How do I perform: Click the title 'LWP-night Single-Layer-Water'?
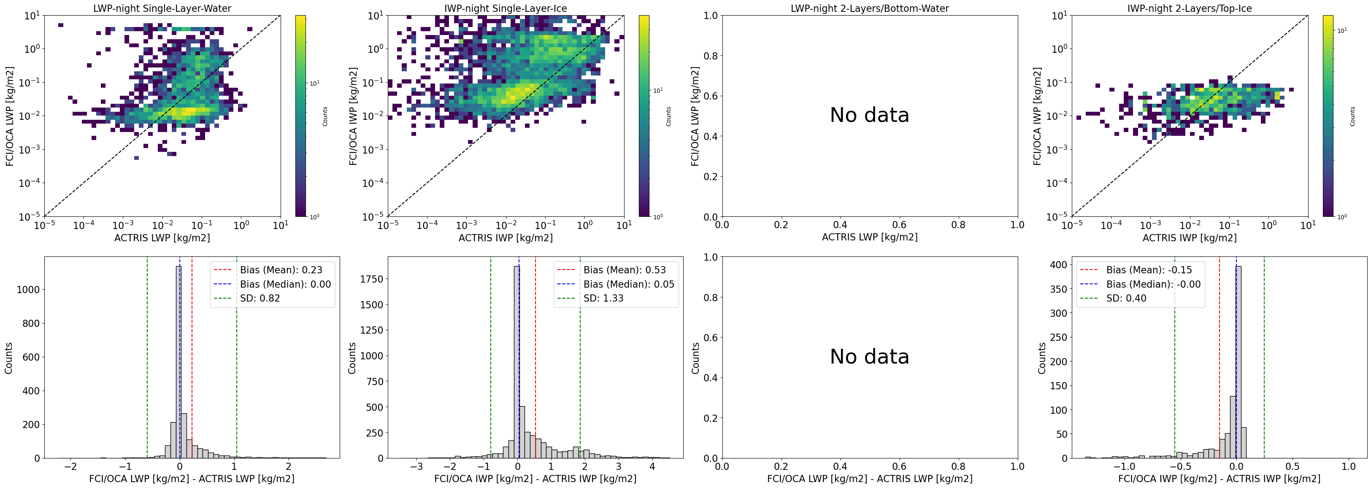click(162, 8)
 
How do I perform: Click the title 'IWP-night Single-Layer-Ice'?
click(506, 8)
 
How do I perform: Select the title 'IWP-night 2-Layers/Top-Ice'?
click(1190, 8)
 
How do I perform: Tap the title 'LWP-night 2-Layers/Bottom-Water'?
click(870, 8)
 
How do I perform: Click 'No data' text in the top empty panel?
click(870, 115)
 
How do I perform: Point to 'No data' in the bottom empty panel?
click(870, 356)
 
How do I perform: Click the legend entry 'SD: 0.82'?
click(260, 298)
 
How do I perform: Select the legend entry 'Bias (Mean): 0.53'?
click(624, 270)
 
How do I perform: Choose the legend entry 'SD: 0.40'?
click(1126, 298)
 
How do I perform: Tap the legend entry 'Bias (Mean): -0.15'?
click(1149, 270)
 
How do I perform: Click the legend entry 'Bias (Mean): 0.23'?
click(281, 270)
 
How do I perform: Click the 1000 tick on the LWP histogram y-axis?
click(28, 289)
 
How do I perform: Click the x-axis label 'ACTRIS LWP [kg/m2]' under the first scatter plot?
click(162, 237)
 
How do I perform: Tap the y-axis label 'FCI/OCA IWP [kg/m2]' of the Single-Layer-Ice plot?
click(353, 116)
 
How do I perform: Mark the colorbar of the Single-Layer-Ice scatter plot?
click(644, 116)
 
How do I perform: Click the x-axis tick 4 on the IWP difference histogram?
click(652, 466)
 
